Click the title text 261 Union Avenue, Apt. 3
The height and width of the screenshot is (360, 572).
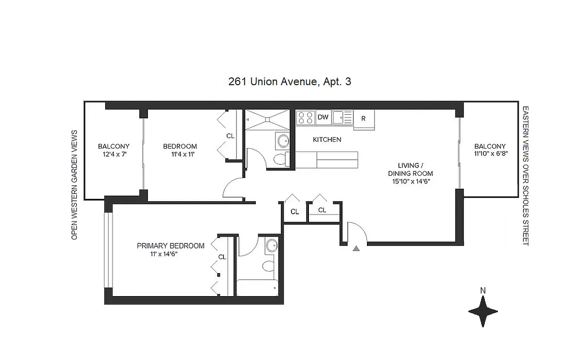290,82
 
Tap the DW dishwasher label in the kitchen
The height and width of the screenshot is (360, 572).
323,117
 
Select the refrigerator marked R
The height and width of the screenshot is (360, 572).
363,119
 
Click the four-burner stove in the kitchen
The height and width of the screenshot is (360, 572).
306,117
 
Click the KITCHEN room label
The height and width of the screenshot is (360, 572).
327,139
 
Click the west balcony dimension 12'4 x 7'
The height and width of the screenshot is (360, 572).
114,154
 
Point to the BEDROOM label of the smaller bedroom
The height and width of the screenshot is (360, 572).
180,146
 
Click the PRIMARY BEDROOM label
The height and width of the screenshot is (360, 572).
170,246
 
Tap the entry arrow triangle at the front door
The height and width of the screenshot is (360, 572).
356,248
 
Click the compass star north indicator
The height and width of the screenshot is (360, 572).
483,311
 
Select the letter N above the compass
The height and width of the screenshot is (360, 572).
483,291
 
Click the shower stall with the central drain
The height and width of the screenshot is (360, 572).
267,120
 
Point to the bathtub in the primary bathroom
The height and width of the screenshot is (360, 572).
258,288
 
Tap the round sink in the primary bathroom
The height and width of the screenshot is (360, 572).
272,246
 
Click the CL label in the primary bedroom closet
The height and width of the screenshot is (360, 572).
222,257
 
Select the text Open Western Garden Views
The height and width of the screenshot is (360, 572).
75,184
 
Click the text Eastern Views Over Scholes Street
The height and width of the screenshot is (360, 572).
525,176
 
